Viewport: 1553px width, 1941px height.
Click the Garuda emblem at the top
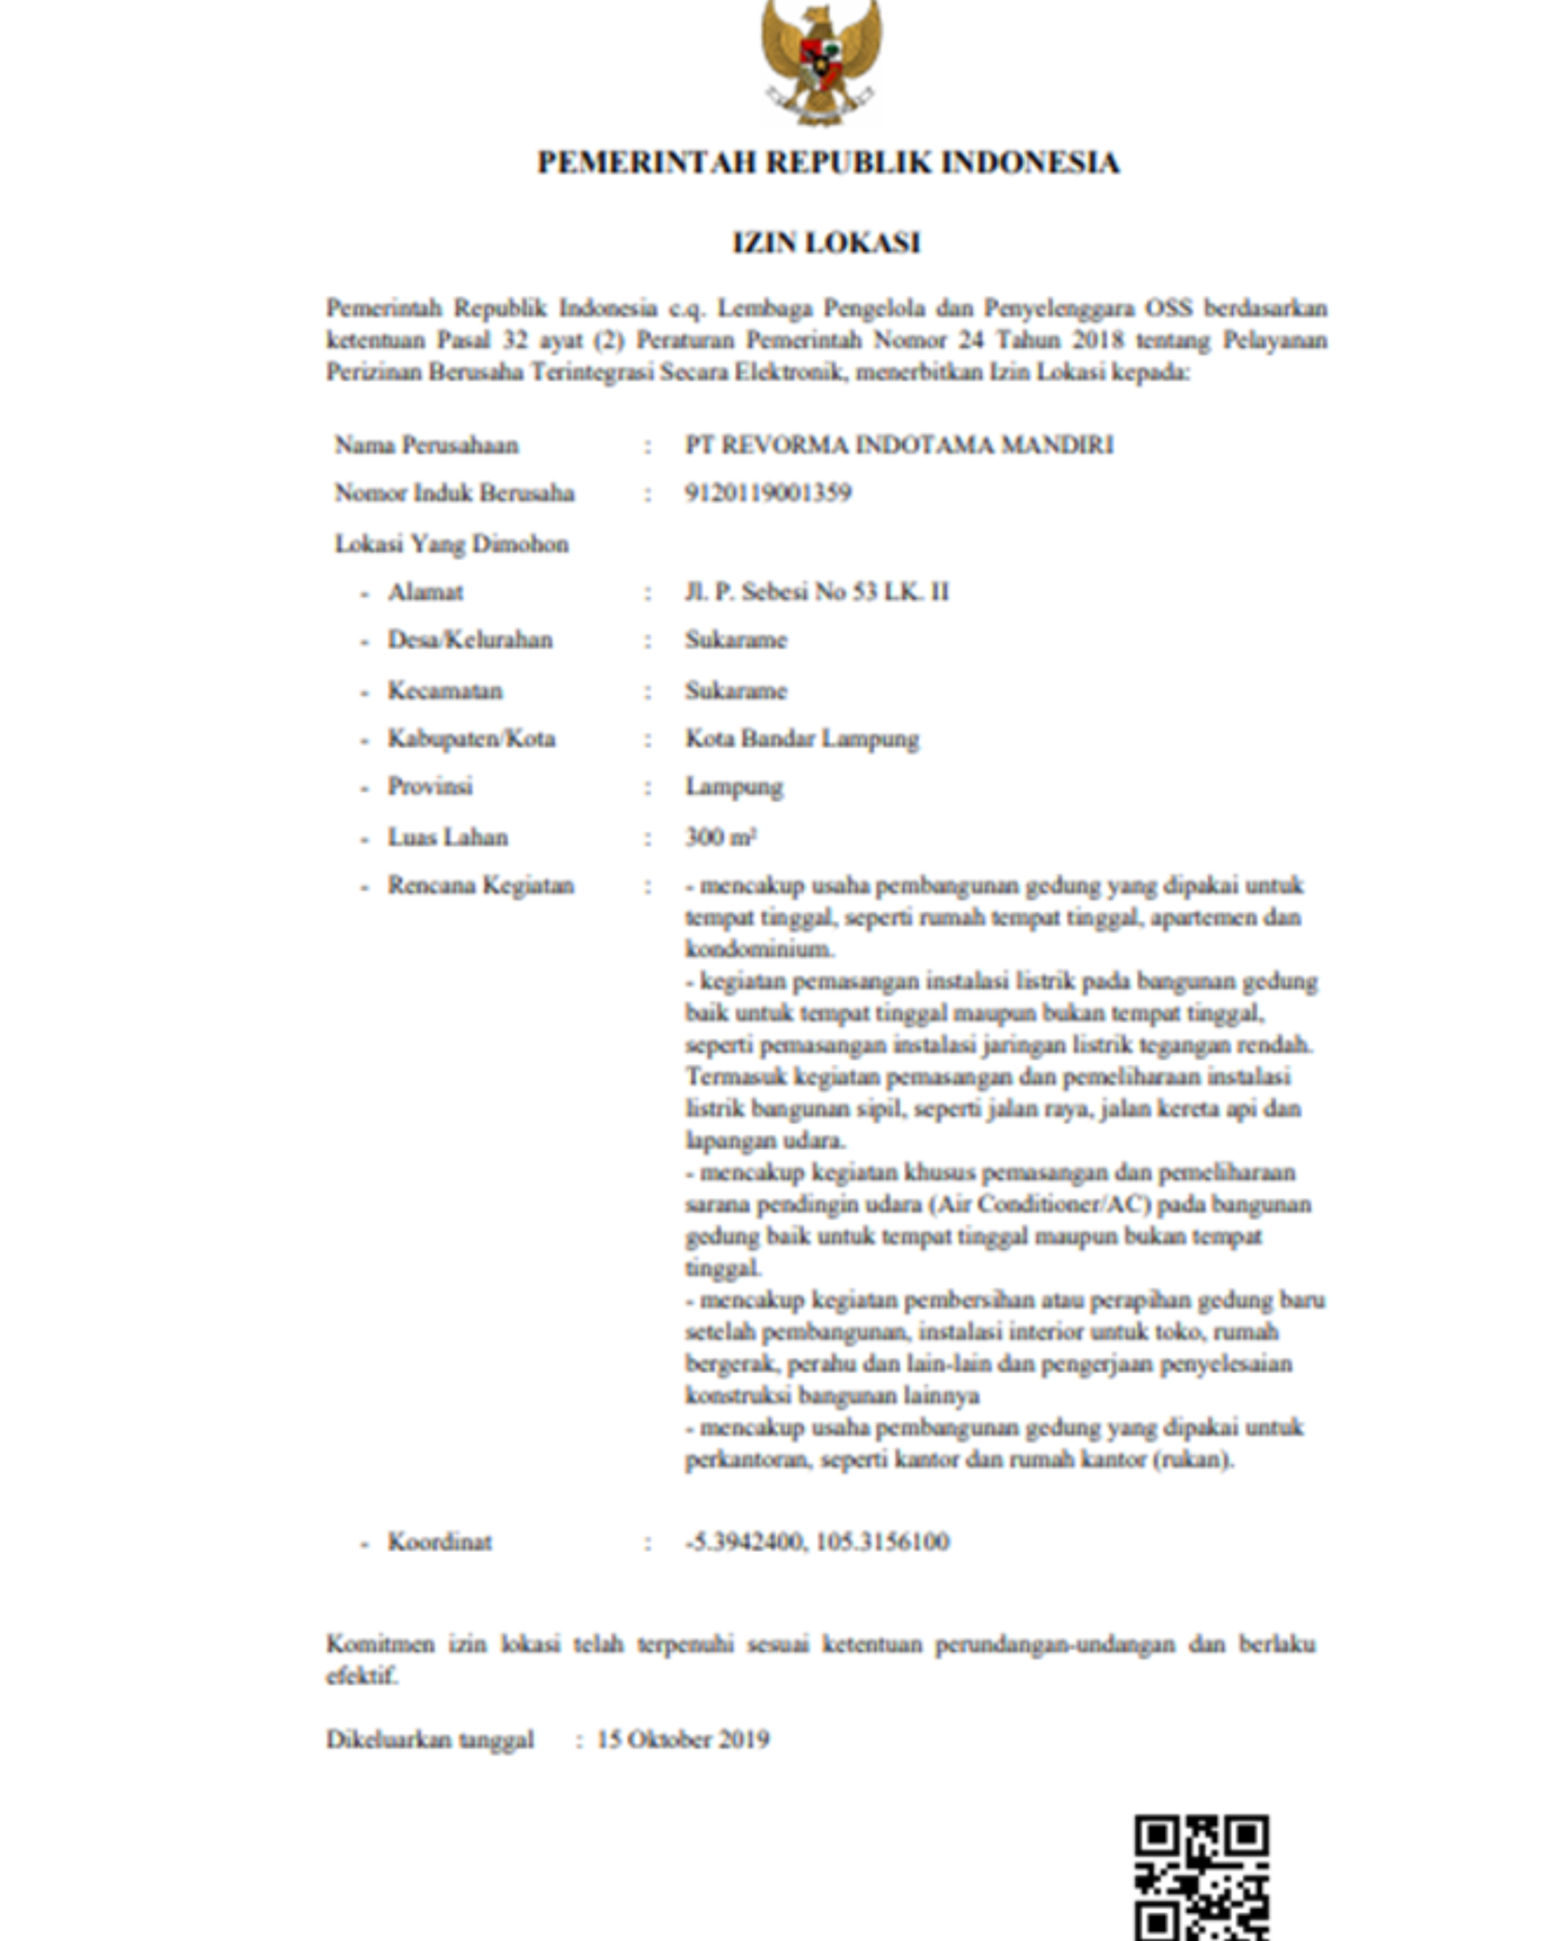[x=821, y=61]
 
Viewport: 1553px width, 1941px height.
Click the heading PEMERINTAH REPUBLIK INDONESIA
[x=828, y=163]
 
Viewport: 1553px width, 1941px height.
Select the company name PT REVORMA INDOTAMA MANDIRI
[x=899, y=445]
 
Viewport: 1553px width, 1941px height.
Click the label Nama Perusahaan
[x=427, y=445]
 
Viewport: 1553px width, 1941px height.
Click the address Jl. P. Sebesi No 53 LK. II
[x=817, y=592]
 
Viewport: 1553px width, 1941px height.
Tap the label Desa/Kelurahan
[x=470, y=640]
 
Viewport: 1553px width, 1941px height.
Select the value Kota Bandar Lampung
[x=802, y=739]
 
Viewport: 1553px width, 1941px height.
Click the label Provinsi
[x=429, y=787]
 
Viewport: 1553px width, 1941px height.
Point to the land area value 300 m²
[x=720, y=837]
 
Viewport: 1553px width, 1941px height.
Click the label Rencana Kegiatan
[x=481, y=886]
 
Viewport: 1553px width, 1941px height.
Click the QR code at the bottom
[x=1201, y=1877]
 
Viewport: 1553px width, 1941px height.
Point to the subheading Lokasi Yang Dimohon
[x=451, y=544]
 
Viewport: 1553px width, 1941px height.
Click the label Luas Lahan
[x=447, y=837]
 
